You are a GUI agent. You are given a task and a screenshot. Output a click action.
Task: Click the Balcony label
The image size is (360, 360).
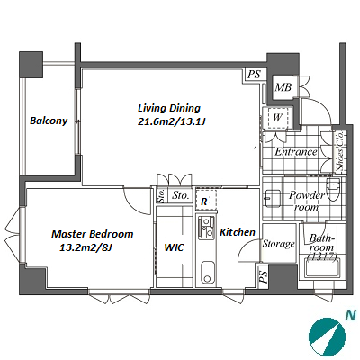point(49,121)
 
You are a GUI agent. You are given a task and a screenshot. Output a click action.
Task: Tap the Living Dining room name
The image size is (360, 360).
point(169,108)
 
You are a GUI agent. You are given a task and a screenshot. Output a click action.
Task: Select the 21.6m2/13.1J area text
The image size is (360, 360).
point(171,121)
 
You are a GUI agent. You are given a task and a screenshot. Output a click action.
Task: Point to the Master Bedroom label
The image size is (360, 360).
point(93,234)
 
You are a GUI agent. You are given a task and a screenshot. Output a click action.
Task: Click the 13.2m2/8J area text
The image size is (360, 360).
point(85,247)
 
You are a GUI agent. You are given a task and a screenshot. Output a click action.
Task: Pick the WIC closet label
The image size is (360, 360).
point(174,247)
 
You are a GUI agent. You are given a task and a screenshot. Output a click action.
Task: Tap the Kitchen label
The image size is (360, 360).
point(238,232)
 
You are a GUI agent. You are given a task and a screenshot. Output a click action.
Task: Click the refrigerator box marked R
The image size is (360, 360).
point(206,199)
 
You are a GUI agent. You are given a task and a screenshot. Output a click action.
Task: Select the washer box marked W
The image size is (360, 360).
point(277,118)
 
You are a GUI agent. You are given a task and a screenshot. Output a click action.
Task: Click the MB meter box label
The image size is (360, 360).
point(283,87)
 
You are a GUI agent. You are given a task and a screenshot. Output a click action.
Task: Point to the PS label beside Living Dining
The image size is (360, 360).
point(255,74)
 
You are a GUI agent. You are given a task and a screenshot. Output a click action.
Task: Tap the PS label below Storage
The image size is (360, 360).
point(263,276)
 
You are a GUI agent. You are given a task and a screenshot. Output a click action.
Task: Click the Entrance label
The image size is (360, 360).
point(296,152)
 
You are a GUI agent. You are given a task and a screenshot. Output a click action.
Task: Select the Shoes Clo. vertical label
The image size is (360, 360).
point(340,152)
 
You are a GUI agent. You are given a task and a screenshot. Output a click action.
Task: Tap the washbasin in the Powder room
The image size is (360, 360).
point(273,199)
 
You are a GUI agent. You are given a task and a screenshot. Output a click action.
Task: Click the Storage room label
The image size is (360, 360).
point(279,244)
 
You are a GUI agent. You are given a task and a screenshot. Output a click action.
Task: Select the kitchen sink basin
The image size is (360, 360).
point(208,272)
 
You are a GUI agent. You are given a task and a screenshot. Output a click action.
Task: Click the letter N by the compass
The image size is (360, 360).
point(350,315)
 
